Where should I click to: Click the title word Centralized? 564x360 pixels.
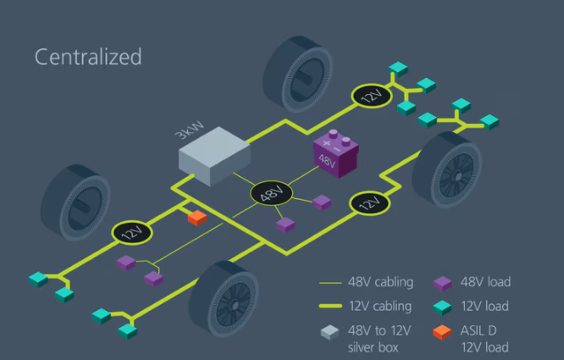87,57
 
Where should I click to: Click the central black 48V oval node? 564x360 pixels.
271,193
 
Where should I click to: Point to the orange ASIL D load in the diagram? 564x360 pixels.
196,218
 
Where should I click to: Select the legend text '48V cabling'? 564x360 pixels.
380,281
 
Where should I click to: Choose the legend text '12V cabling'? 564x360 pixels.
380,306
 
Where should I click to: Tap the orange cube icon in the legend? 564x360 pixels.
441,332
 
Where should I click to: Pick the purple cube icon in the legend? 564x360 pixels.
441,283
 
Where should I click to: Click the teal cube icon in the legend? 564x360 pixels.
441,307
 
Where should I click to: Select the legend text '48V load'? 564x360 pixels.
486,281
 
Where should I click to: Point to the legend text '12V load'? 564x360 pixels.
485,306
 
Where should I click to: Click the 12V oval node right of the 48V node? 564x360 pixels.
368,203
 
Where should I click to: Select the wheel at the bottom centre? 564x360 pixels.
225,301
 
